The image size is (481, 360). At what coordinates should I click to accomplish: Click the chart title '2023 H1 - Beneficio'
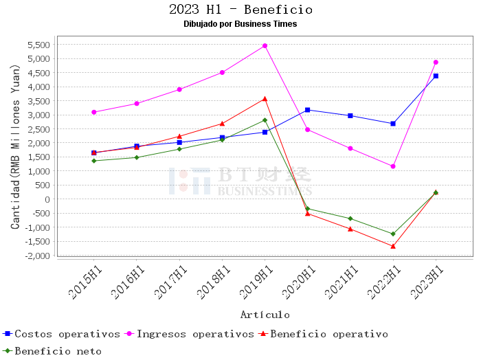click(x=240, y=10)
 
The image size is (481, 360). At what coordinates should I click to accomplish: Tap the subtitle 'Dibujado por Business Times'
click(x=240, y=24)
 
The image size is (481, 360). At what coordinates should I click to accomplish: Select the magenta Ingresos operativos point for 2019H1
click(x=265, y=46)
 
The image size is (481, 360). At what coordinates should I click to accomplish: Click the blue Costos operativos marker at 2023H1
click(x=436, y=76)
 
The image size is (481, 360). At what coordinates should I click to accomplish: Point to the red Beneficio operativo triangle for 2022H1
click(x=393, y=246)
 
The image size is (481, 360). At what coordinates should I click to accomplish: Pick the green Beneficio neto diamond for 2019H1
click(x=265, y=120)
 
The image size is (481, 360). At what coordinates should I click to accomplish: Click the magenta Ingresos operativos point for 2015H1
click(x=94, y=112)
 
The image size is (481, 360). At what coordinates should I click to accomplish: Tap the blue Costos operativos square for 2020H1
click(x=307, y=110)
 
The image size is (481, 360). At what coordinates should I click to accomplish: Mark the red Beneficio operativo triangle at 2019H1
click(x=265, y=99)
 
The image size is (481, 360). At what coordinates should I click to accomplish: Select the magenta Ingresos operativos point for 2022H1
click(x=393, y=166)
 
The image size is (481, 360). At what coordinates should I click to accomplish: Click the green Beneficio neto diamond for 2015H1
click(x=94, y=161)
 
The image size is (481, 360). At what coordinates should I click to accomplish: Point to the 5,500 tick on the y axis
click(x=38, y=45)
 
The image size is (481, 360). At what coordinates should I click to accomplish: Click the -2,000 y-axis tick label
click(x=36, y=256)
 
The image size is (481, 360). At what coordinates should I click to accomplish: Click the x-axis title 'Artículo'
click(x=265, y=315)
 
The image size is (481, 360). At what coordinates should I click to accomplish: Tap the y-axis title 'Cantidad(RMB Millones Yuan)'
click(x=15, y=147)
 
